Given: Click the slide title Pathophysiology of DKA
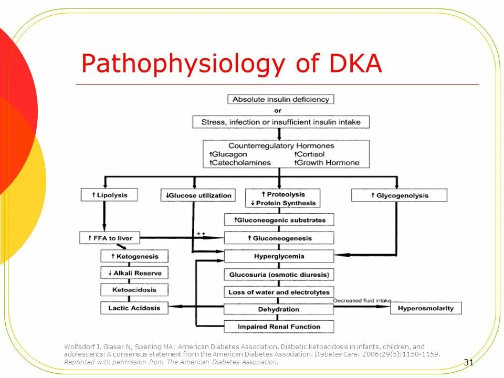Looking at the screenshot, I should (x=232, y=64).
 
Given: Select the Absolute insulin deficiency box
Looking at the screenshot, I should (x=281, y=99).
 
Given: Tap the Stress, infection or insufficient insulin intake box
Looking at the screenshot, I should (x=281, y=122).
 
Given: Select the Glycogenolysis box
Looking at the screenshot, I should (x=399, y=195).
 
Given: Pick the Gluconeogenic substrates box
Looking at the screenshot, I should (x=279, y=220).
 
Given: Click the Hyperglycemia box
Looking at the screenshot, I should (x=279, y=256).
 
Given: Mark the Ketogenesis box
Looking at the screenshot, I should (x=135, y=256).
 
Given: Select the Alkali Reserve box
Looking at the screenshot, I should (x=135, y=273).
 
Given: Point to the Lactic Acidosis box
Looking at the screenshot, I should (x=135, y=308).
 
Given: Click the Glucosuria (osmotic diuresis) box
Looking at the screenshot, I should (x=279, y=275).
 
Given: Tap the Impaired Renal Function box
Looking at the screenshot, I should (x=279, y=326).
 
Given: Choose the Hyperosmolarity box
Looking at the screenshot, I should (x=426, y=308).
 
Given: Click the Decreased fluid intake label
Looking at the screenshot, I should (x=362, y=300).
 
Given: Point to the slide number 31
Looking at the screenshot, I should (x=469, y=362).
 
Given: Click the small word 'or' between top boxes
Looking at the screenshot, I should (x=278, y=111).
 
